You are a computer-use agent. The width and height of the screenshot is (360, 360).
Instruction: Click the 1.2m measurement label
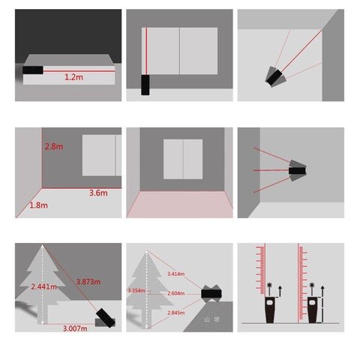point(73,76)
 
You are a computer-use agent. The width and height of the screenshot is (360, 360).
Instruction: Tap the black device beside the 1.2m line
point(33,70)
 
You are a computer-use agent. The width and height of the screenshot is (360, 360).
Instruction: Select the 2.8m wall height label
point(54,147)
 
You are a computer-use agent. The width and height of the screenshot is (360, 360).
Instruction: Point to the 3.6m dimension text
point(97,193)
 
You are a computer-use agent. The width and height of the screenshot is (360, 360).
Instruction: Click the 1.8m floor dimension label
point(37,205)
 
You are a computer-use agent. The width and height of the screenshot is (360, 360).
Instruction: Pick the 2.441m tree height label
point(43,286)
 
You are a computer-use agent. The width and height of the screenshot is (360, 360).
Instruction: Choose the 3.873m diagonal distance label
point(89,281)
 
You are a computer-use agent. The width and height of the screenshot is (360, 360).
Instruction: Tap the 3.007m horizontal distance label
point(73,328)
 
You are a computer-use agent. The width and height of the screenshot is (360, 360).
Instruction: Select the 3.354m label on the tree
point(136,290)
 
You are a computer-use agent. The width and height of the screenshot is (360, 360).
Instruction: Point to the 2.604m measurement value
point(175,294)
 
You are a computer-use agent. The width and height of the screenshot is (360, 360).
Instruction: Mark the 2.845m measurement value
point(175,313)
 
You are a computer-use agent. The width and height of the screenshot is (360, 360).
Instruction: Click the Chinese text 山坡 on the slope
point(212,319)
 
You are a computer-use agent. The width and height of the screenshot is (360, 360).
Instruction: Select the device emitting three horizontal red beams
point(297,171)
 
